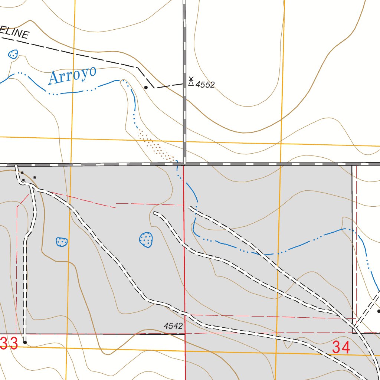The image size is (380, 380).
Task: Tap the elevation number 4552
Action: click(205, 85)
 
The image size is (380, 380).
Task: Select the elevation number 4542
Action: click(173, 326)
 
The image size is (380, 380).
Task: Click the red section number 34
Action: click(341, 348)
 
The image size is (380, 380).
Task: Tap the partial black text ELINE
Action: click(15, 33)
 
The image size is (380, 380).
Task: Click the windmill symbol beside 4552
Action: click(191, 81)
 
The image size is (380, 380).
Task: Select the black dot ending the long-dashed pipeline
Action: click(146, 88)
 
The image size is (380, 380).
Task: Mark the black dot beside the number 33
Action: click(25, 342)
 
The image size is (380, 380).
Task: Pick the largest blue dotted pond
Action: click(146, 240)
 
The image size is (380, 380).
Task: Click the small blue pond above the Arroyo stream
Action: click(13, 55)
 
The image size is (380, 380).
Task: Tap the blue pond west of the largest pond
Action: click(62, 242)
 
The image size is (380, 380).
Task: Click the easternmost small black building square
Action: click(35, 177)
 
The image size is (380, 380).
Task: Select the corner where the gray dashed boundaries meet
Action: click(184, 164)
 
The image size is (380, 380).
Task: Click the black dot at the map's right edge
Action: click(379, 311)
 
